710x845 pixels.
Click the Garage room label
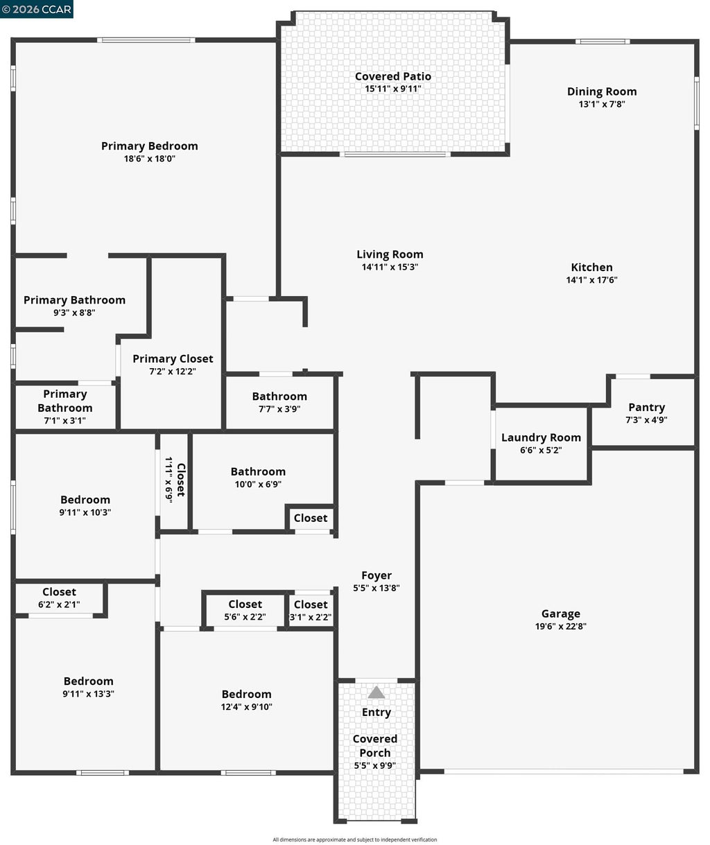tap(561, 613)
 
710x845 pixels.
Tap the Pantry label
tap(646, 407)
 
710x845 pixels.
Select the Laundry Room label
tap(541, 437)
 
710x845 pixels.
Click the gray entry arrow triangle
tap(376, 692)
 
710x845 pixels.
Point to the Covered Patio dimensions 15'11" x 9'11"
tap(393, 89)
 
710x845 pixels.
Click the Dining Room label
tap(602, 92)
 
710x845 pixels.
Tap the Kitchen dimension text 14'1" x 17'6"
tap(591, 279)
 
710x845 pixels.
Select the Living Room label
tap(390, 254)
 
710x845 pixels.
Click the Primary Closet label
tap(173, 358)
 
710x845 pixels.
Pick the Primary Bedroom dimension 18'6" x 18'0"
tap(149, 158)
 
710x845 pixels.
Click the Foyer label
tap(376, 575)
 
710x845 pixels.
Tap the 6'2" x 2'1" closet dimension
tap(59, 604)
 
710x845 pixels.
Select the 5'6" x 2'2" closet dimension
tap(245, 617)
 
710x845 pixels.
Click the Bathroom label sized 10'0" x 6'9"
tap(258, 471)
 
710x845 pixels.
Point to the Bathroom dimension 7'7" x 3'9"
tap(279, 409)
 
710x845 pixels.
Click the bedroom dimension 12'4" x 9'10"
tap(247, 706)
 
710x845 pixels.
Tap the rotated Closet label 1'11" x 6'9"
tap(175, 480)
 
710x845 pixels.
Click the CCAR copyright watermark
tap(37, 9)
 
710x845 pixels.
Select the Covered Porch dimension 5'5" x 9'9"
tap(375, 765)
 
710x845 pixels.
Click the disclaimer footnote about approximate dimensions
tap(354, 839)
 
